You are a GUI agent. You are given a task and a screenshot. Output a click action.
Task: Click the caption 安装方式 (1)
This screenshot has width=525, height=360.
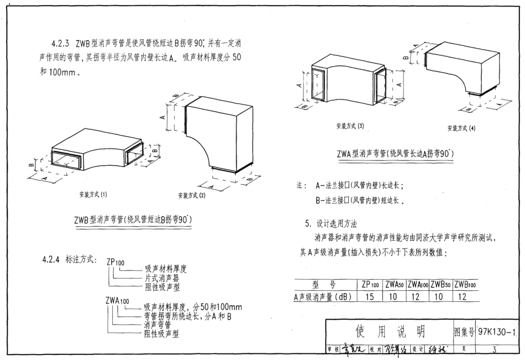coord(93,195)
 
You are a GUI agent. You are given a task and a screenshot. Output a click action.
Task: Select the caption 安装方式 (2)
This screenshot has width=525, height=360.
coord(195,195)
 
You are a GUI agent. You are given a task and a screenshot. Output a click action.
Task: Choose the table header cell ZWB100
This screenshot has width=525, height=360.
coord(465,284)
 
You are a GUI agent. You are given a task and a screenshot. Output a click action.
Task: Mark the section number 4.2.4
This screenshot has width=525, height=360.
coord(54,259)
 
